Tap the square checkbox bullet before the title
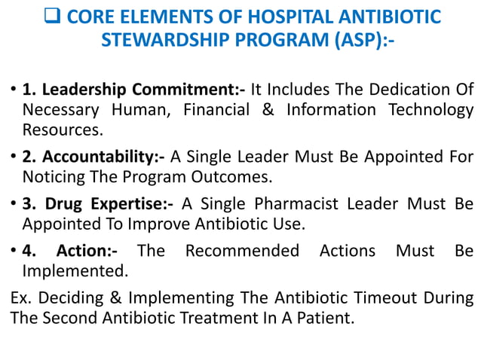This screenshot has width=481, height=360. point(53,17)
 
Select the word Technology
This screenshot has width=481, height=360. point(430,111)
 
